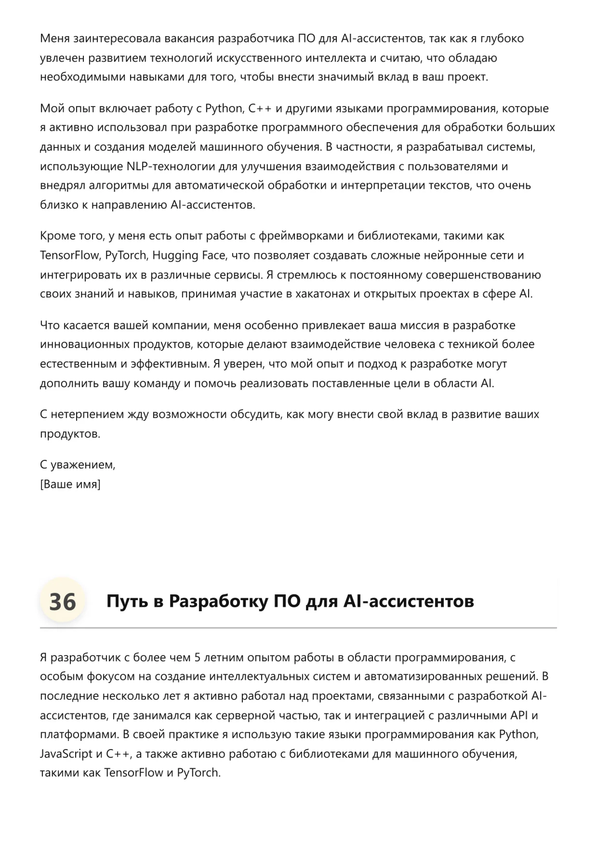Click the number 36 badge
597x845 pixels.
click(x=63, y=601)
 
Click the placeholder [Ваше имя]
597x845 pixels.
click(x=70, y=484)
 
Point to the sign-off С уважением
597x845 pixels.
click(x=78, y=465)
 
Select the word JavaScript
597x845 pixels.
click(x=66, y=753)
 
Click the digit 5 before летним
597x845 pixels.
click(x=197, y=657)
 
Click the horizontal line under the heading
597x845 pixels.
click(x=298, y=628)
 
